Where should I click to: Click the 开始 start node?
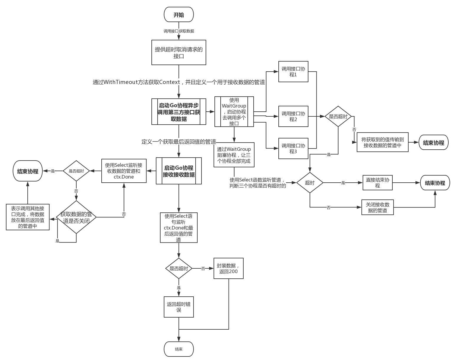click(179, 15)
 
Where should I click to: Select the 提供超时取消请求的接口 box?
click(179, 52)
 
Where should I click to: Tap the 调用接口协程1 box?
click(293, 72)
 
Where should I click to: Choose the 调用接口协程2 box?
click(293, 116)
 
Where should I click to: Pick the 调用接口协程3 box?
click(293, 148)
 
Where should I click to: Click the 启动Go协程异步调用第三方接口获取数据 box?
click(179, 112)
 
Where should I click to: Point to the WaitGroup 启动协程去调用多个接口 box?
click(234, 112)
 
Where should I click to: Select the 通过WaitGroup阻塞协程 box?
click(234, 155)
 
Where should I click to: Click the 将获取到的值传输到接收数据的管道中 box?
click(382, 143)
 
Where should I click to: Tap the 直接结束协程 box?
click(377, 183)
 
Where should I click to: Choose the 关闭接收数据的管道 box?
click(377, 207)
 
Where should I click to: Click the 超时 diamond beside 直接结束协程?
click(310, 183)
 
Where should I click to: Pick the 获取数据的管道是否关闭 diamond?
click(76, 217)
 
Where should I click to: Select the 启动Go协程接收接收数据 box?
click(179, 171)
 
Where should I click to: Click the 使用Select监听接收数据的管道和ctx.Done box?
click(124, 171)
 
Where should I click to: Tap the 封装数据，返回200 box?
click(228, 268)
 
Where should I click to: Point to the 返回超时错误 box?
click(179, 307)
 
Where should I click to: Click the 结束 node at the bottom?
click(179, 349)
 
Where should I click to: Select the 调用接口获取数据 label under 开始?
click(179, 31)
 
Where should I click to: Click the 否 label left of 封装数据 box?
click(203, 268)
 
